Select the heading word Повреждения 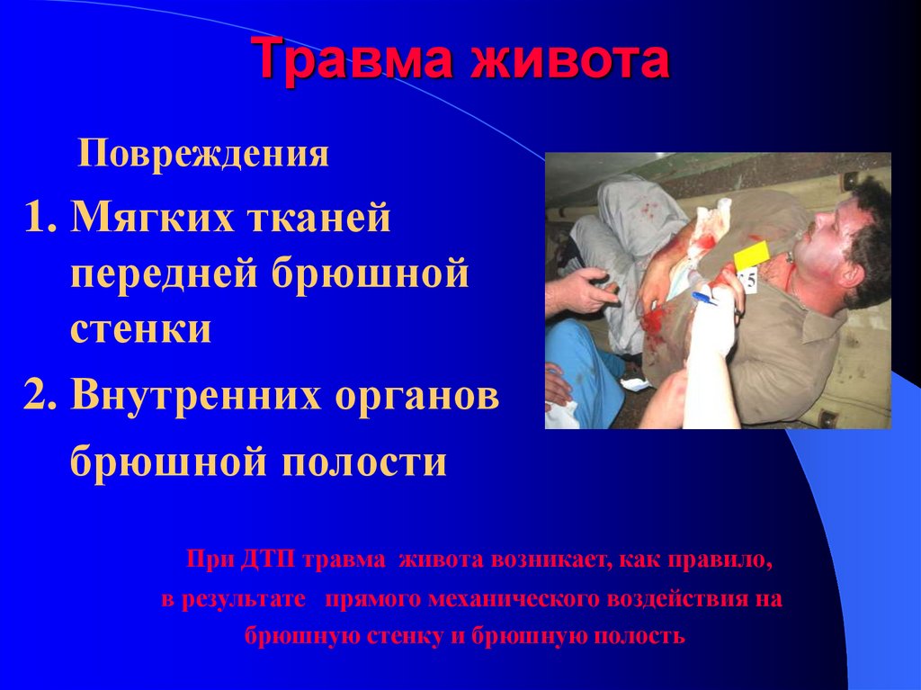[x=203, y=155]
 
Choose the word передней [x=163, y=274]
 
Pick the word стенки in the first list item [x=142, y=329]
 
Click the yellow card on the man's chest [x=752, y=255]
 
